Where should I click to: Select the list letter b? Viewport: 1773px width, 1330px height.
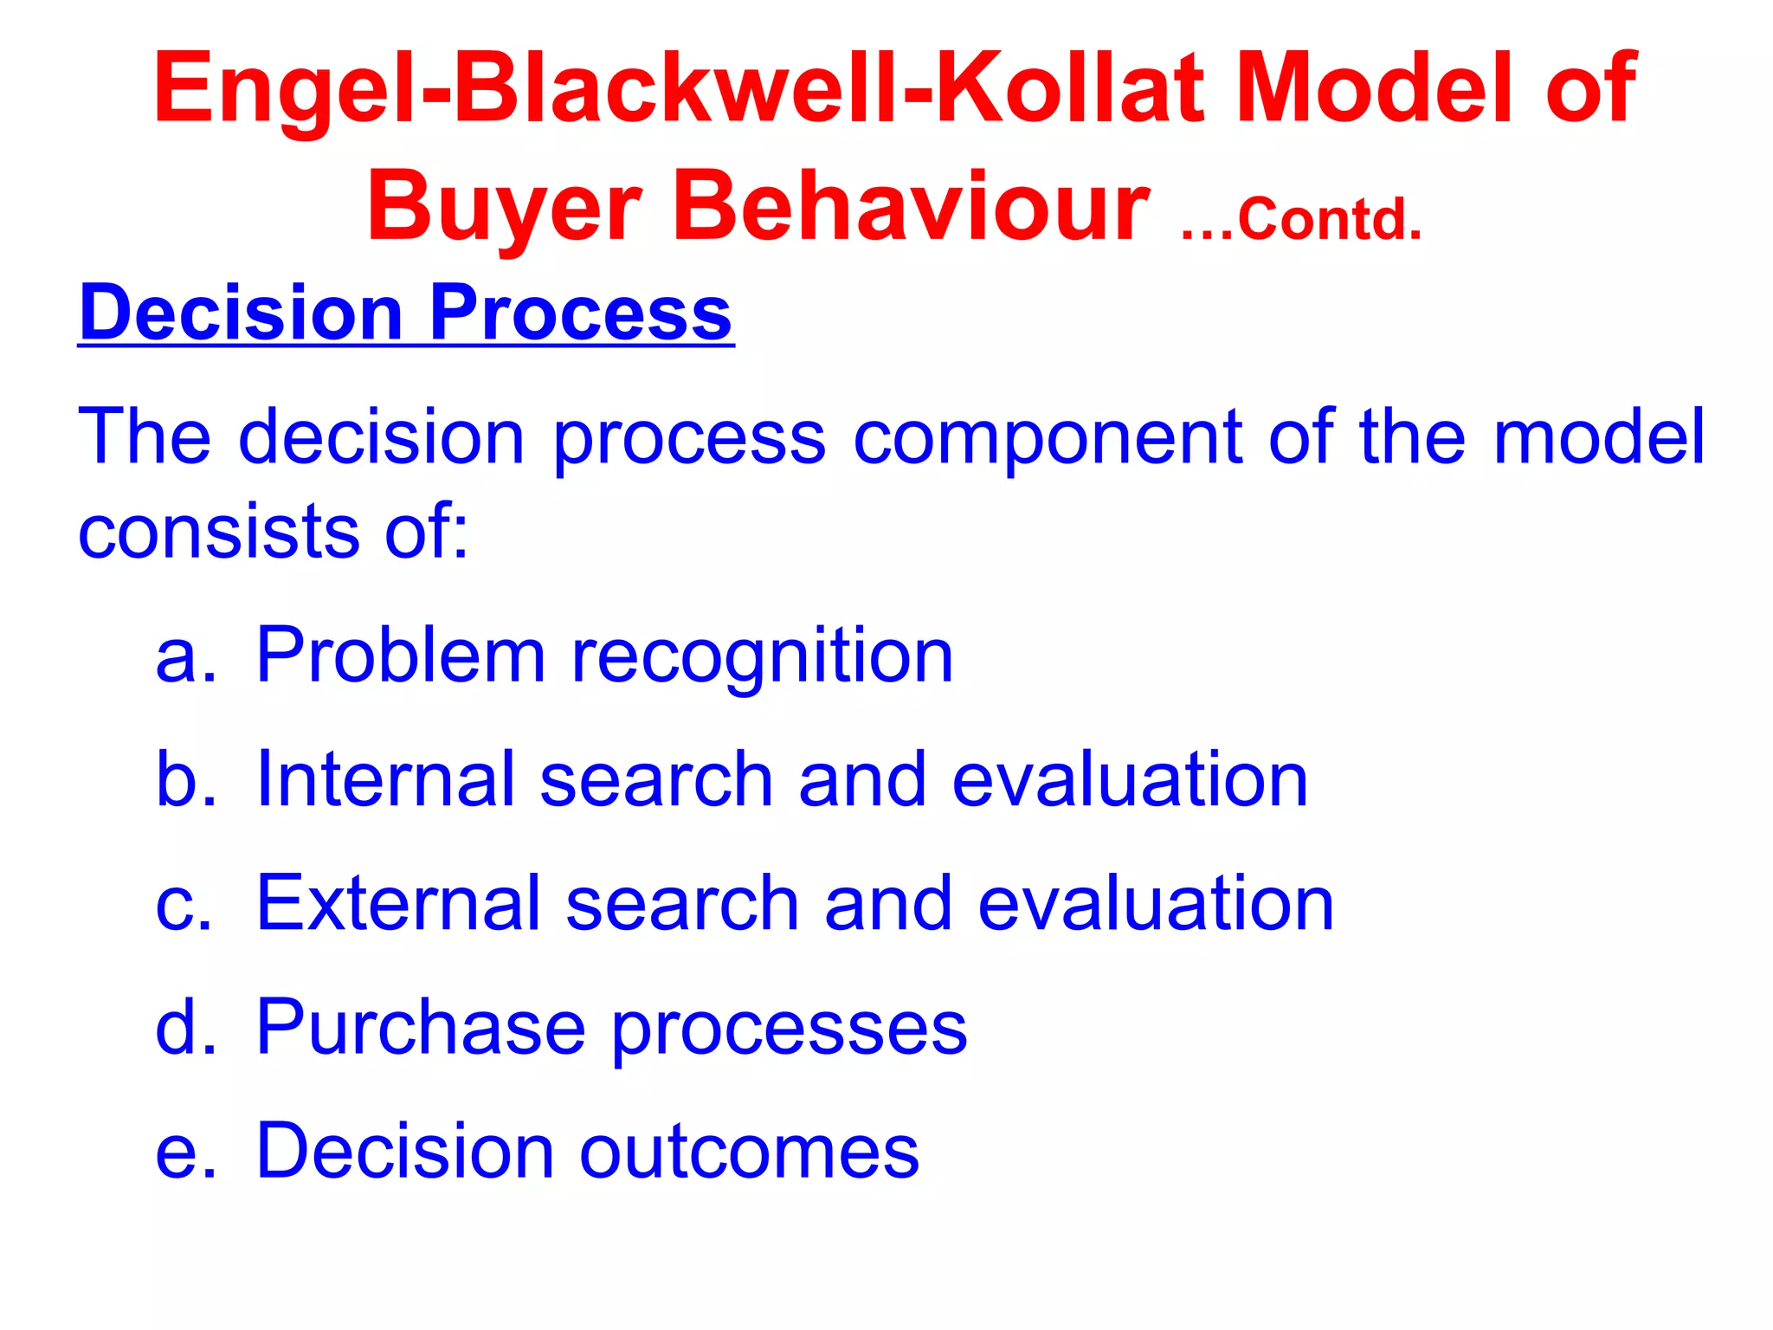click(x=184, y=778)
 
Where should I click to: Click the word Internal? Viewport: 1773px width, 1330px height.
click(x=385, y=779)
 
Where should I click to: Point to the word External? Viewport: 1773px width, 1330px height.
click(x=398, y=903)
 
